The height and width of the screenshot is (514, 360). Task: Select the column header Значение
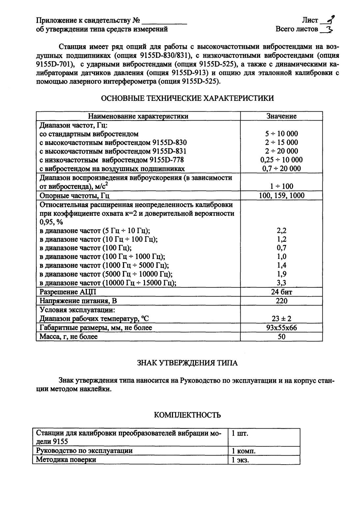[x=281, y=116]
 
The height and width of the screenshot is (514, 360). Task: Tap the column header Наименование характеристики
[x=138, y=116]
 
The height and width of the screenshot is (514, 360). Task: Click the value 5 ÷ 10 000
[x=281, y=134]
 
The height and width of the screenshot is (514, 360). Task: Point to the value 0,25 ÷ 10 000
[x=281, y=160]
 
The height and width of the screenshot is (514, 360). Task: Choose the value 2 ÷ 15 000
[x=281, y=142]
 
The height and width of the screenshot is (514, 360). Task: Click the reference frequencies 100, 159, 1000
[x=281, y=196]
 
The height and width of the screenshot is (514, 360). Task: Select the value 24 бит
[x=281, y=292]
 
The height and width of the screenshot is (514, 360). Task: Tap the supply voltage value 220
[x=281, y=301]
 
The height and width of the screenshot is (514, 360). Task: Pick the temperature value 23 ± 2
[x=281, y=319]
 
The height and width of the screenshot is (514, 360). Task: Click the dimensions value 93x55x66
[x=281, y=328]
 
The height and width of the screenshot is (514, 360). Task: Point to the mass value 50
[x=281, y=337]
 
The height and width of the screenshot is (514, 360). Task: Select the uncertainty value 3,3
[x=281, y=283]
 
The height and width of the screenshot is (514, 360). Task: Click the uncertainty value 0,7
[x=281, y=248]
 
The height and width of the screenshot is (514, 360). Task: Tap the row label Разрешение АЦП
[x=68, y=292]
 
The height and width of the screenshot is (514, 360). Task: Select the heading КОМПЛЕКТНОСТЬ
[x=187, y=415]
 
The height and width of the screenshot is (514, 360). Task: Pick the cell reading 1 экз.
[x=240, y=460]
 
